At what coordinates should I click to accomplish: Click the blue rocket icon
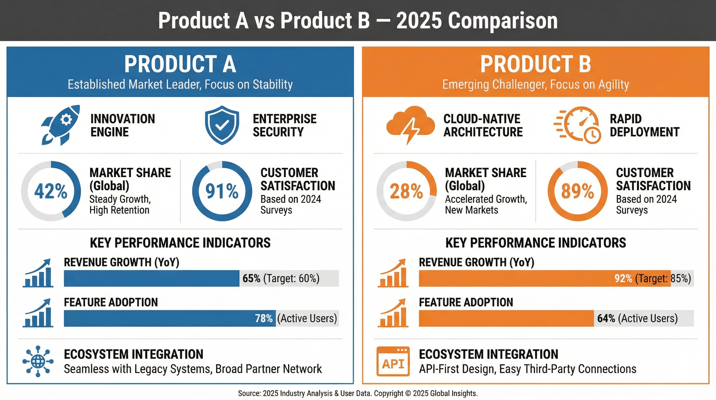(x=61, y=125)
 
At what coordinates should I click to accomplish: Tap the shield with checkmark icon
(x=222, y=125)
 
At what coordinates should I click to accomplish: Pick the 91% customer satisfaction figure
(x=222, y=191)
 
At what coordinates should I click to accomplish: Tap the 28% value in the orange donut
(x=406, y=191)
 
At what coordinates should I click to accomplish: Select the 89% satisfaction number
(x=578, y=191)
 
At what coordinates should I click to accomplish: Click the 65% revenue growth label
(x=251, y=278)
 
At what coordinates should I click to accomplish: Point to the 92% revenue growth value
(x=623, y=278)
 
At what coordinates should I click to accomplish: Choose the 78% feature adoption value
(x=264, y=318)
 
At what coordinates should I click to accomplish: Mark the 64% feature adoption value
(x=606, y=318)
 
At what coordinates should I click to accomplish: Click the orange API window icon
(x=393, y=361)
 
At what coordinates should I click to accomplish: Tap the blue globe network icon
(x=38, y=361)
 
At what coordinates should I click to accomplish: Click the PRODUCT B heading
(x=536, y=64)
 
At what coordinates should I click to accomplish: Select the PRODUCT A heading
(x=180, y=64)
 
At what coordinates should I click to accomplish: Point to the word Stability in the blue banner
(x=272, y=85)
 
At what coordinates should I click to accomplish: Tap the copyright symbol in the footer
(x=408, y=393)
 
